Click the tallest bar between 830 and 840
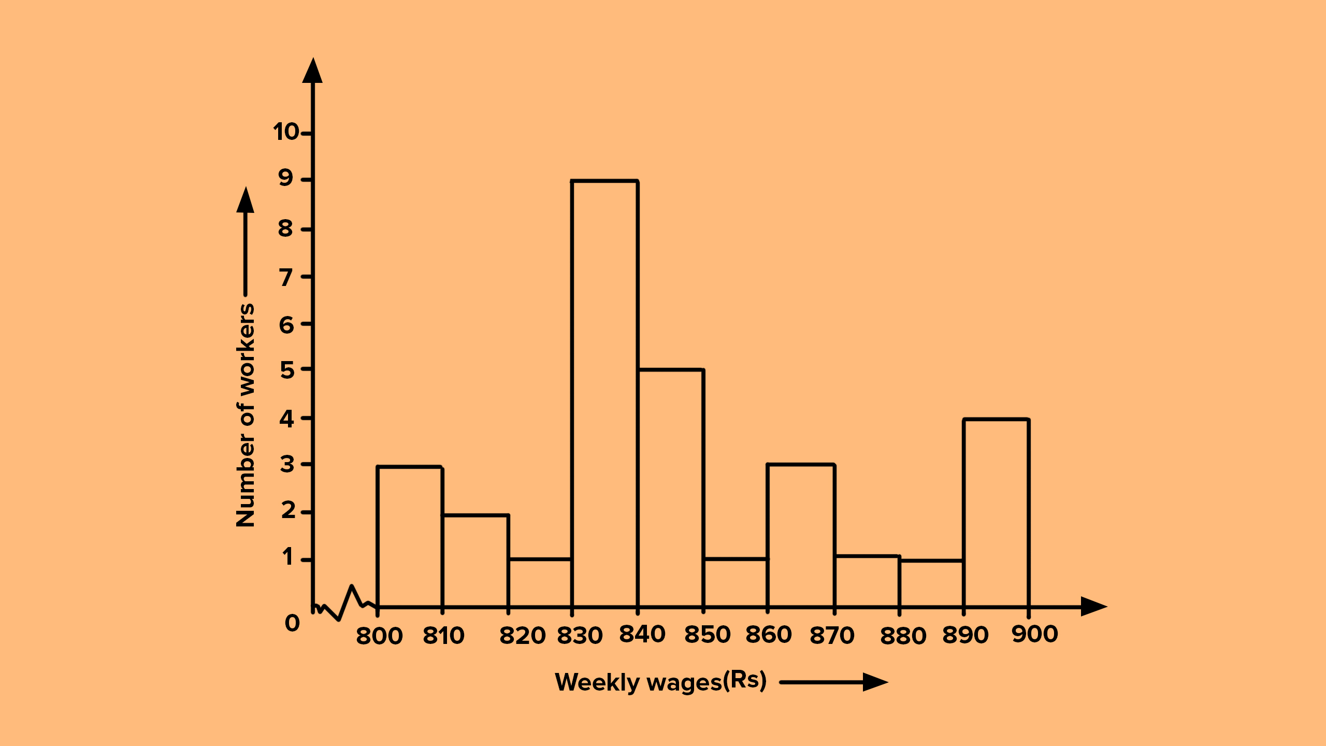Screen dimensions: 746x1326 click(x=604, y=394)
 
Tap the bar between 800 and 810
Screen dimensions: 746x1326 click(x=410, y=537)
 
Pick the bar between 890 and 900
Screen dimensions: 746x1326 click(x=996, y=513)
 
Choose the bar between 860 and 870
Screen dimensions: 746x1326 click(x=801, y=536)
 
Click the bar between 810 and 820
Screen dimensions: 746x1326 click(x=475, y=561)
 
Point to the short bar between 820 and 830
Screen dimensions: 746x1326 click(x=540, y=583)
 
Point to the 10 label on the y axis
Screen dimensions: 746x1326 click(x=286, y=132)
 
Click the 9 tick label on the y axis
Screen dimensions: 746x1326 click(x=286, y=179)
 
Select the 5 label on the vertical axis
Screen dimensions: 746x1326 click(x=287, y=370)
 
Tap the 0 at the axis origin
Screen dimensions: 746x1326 click(x=292, y=623)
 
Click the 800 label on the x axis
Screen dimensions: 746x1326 click(x=379, y=636)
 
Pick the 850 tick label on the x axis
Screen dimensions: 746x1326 click(x=708, y=635)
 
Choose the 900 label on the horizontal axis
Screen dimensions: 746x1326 click(x=1034, y=634)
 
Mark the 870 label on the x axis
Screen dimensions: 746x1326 click(x=832, y=636)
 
